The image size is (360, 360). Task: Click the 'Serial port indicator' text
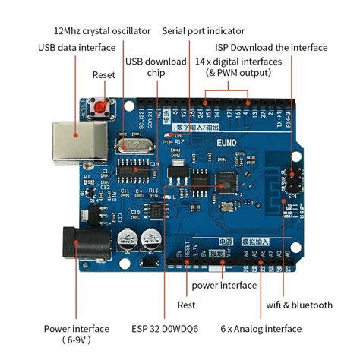click(204, 31)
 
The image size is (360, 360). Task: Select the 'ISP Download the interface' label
click(281, 47)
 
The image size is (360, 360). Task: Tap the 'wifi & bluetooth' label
click(298, 305)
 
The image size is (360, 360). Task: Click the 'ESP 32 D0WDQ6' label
click(164, 329)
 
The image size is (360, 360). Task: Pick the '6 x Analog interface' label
click(261, 329)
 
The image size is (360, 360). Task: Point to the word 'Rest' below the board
click(186, 305)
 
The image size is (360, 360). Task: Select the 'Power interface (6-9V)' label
click(76, 334)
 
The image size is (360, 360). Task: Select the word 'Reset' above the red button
click(104, 75)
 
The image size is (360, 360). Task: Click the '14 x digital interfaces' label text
click(238, 61)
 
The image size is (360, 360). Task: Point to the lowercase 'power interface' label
click(223, 286)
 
